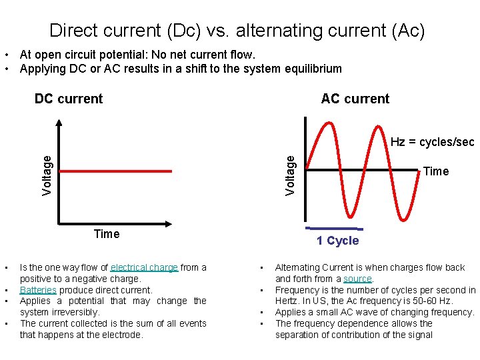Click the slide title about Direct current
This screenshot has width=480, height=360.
(x=237, y=31)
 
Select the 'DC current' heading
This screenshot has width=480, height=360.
(x=69, y=99)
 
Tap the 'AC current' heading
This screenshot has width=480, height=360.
(x=355, y=99)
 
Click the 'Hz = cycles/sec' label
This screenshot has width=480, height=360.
(x=432, y=142)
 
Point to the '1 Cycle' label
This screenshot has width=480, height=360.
(x=337, y=241)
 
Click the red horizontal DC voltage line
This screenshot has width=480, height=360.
(x=116, y=171)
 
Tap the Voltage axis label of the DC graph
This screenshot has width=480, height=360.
(x=47, y=175)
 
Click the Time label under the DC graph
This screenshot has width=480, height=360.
(x=107, y=234)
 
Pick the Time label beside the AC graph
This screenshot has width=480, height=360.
(x=436, y=171)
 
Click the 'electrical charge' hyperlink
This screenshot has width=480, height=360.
(x=144, y=267)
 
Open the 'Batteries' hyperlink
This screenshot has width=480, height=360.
(x=38, y=290)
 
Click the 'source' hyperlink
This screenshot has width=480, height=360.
(x=358, y=279)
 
